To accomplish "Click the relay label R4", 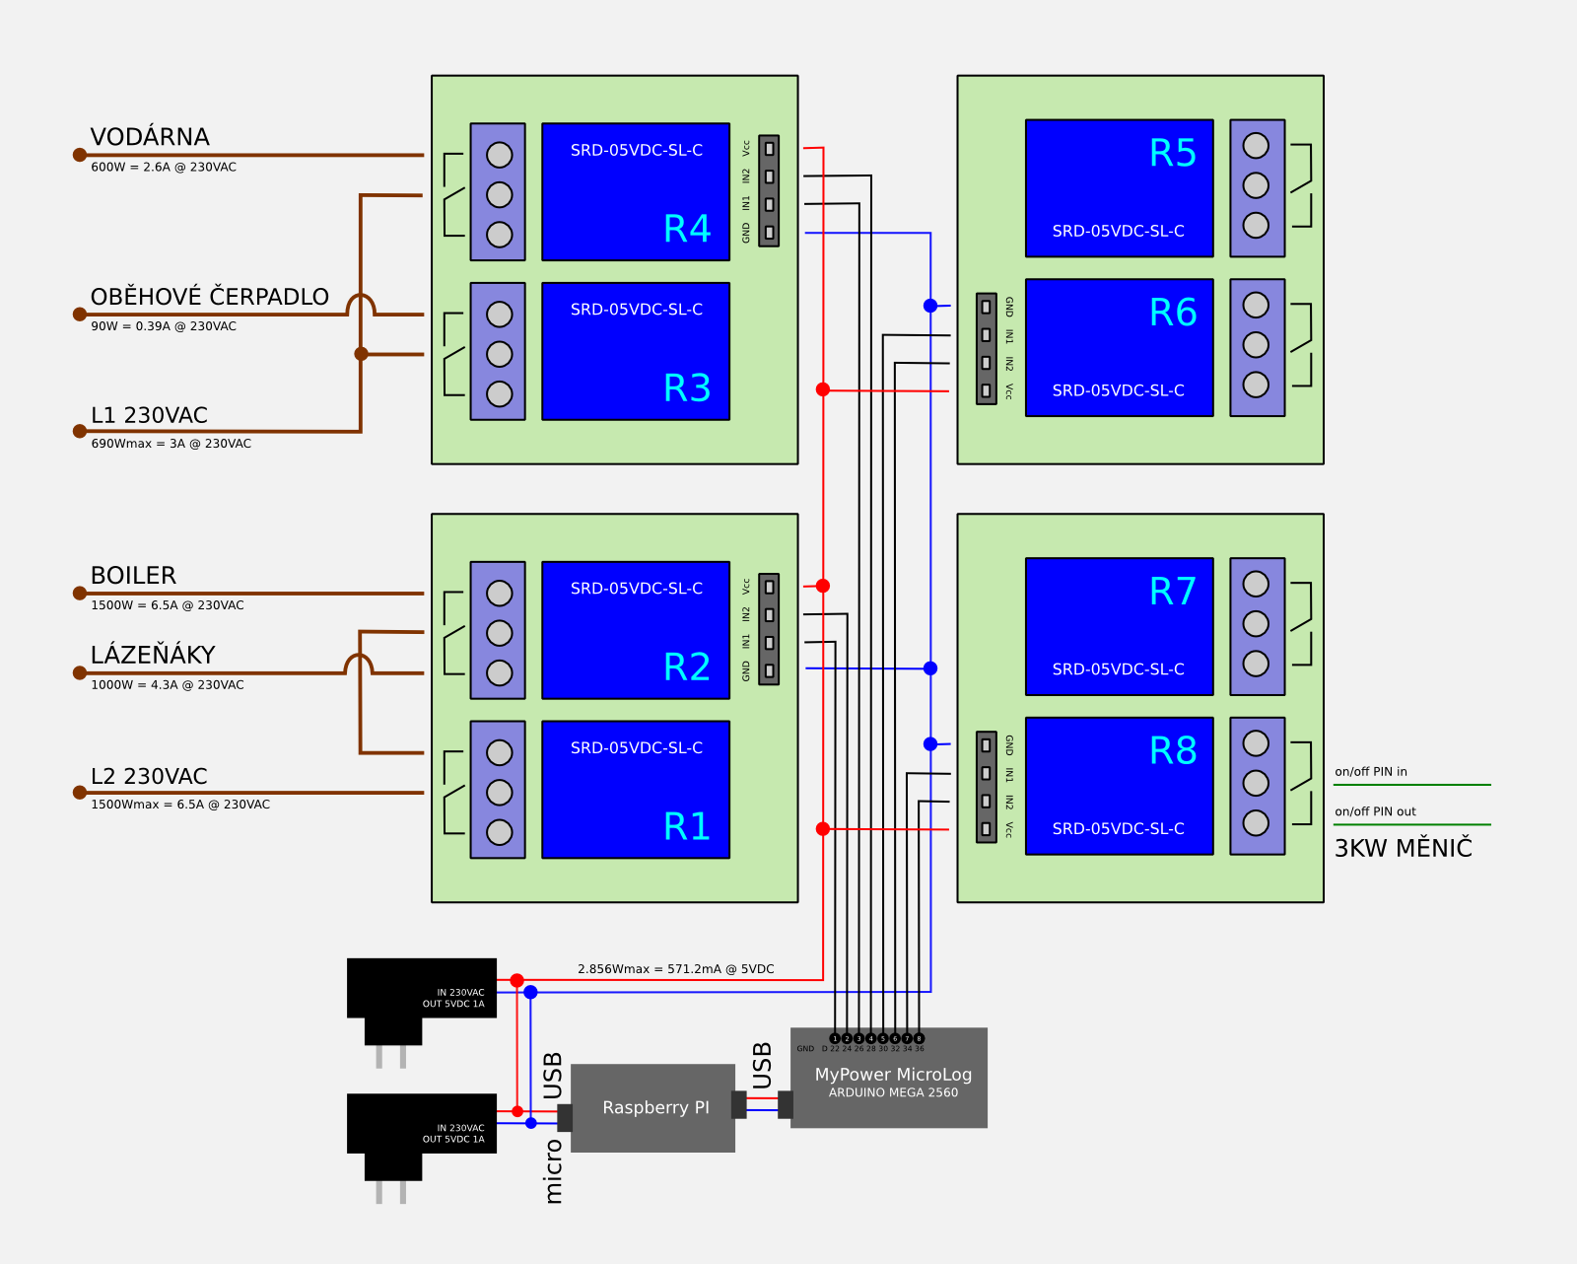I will tap(687, 229).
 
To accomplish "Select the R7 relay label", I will tap(1173, 592).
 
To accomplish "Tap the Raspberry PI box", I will tap(653, 1107).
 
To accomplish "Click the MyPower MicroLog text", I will tap(893, 1074).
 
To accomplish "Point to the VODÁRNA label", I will tap(150, 137).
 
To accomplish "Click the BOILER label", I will tap(133, 576).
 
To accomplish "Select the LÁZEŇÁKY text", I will tap(153, 655).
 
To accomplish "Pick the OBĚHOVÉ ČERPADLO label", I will tap(209, 297).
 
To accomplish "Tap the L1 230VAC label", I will tap(149, 415).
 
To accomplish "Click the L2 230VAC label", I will tap(149, 777).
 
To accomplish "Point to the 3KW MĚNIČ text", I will tap(1403, 848).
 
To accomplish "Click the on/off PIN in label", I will tap(1370, 772).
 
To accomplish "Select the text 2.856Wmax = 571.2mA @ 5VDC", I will tap(675, 969).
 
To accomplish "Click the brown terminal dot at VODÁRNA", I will tap(80, 155).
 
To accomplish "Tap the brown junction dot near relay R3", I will tap(361, 353).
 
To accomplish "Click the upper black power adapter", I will tap(421, 988).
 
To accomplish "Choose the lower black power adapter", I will tap(421, 1123).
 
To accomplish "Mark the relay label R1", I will tap(687, 826).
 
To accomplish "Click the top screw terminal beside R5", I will tap(1256, 146).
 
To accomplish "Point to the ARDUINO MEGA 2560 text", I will tap(893, 1092).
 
